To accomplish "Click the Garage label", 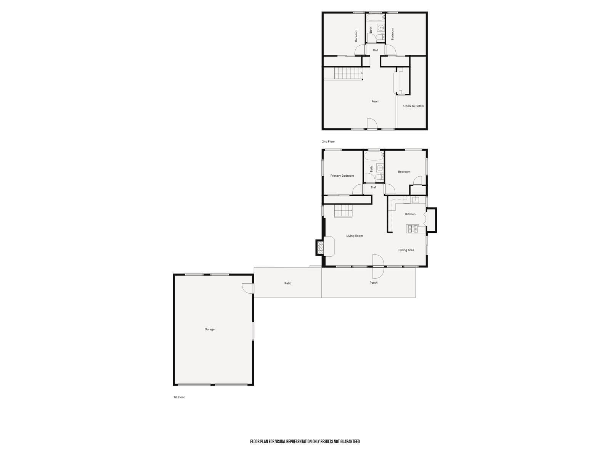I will [x=209, y=329].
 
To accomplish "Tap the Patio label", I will [x=288, y=283].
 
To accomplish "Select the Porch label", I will [x=373, y=283].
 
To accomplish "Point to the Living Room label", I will [x=355, y=236].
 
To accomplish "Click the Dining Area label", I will [x=406, y=250].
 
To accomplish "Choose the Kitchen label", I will [x=410, y=214].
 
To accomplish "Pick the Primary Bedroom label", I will [x=342, y=176].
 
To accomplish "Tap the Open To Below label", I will [x=413, y=106].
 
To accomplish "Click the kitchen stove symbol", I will [x=413, y=229].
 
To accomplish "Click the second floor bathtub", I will [x=376, y=18].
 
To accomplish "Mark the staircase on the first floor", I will [x=343, y=211].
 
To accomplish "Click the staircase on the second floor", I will [x=348, y=73].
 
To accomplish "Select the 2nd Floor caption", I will [x=328, y=142].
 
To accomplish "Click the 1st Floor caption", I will [x=179, y=397].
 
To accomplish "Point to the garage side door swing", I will [x=247, y=288].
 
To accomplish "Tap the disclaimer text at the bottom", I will [x=305, y=442].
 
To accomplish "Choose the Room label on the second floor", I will [x=375, y=101].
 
